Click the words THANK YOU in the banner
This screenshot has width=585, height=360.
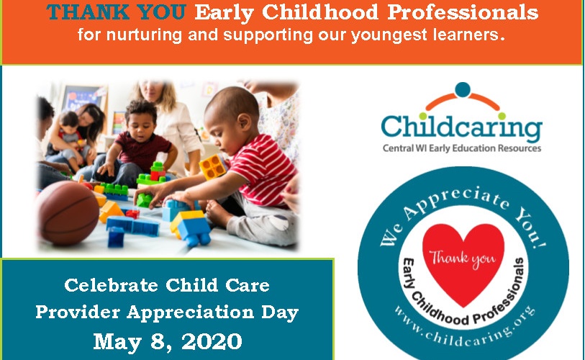(x=116, y=12)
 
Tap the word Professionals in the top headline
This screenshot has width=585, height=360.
(x=463, y=12)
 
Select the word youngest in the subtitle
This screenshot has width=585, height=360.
(x=389, y=35)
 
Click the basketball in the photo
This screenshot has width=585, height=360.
(x=67, y=213)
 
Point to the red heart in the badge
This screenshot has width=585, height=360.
(x=463, y=261)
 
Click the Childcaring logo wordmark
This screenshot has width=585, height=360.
(x=461, y=127)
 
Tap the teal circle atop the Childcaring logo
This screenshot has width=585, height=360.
(x=463, y=89)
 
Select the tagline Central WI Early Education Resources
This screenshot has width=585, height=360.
(x=462, y=148)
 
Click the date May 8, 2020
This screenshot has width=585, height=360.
(x=168, y=341)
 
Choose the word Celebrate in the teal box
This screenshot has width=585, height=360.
(x=112, y=285)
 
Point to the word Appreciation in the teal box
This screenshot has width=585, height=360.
(x=190, y=312)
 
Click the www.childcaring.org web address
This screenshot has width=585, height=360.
(x=465, y=328)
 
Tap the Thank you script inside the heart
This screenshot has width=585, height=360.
(x=463, y=258)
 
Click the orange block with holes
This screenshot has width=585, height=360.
(x=214, y=166)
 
